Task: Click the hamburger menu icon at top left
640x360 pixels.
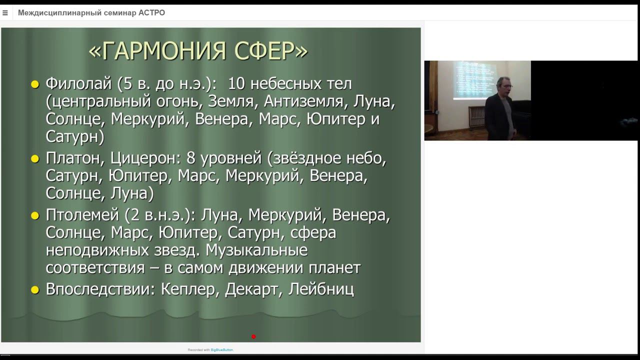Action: pos(5,13)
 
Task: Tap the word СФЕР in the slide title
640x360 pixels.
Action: pos(269,51)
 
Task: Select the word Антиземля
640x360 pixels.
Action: pos(303,101)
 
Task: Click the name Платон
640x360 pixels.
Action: pos(73,158)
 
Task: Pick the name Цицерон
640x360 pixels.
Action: pos(144,158)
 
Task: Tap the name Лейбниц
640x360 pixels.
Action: pos(321,289)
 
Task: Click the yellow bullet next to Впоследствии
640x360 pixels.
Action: pos(35,290)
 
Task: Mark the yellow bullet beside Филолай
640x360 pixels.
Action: pos(35,84)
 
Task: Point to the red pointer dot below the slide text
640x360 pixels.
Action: pos(253,336)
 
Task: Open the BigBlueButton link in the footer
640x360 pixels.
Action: pos(221,350)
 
